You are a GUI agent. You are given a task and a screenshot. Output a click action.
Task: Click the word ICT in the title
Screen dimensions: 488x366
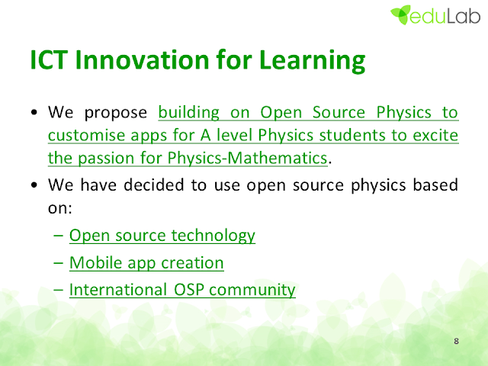[x=49, y=59]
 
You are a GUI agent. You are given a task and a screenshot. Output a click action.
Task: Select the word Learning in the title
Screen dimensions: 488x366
[x=312, y=61]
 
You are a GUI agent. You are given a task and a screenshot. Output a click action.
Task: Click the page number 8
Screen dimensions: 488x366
[x=456, y=341]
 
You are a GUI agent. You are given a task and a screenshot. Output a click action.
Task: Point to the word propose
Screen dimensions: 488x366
[x=116, y=114]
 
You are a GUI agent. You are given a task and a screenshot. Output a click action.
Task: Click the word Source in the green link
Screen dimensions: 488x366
[x=339, y=112]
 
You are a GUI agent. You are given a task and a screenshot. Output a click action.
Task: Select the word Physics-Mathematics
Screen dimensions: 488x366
[x=247, y=158]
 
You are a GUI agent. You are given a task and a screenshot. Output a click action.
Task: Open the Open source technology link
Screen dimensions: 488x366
[x=162, y=236]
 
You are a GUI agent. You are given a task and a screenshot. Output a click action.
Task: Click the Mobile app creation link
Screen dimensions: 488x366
[x=146, y=263]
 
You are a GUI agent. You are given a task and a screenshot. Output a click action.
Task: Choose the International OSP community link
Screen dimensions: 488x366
[x=182, y=290]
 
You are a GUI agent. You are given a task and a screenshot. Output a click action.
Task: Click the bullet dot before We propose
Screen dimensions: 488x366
[x=34, y=112]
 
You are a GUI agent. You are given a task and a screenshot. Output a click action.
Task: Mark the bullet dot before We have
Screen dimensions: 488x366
[x=34, y=185]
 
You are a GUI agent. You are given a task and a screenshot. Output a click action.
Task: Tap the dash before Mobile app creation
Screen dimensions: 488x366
[x=58, y=263]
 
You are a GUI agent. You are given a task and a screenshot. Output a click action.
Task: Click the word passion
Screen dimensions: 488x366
[x=106, y=159]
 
